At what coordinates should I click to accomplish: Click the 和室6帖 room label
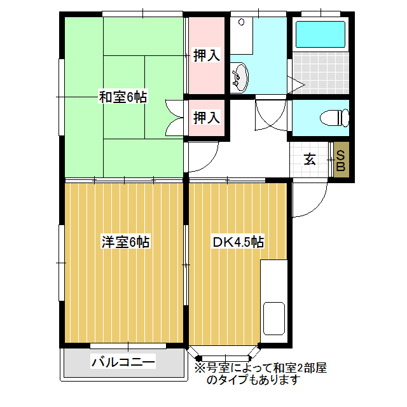[123, 97]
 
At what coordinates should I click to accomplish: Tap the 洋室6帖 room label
[125, 242]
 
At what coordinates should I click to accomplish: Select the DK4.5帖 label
[238, 242]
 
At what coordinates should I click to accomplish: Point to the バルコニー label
[123, 363]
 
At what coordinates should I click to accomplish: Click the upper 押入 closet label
[207, 55]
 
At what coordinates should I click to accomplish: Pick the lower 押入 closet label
[207, 117]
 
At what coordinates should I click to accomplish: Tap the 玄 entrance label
[310, 159]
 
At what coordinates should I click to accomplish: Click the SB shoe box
[340, 160]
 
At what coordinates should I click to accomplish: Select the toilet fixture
[335, 118]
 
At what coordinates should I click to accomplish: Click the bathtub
[321, 35]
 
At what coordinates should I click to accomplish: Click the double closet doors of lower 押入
[174, 117]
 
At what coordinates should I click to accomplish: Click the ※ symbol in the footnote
[199, 368]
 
